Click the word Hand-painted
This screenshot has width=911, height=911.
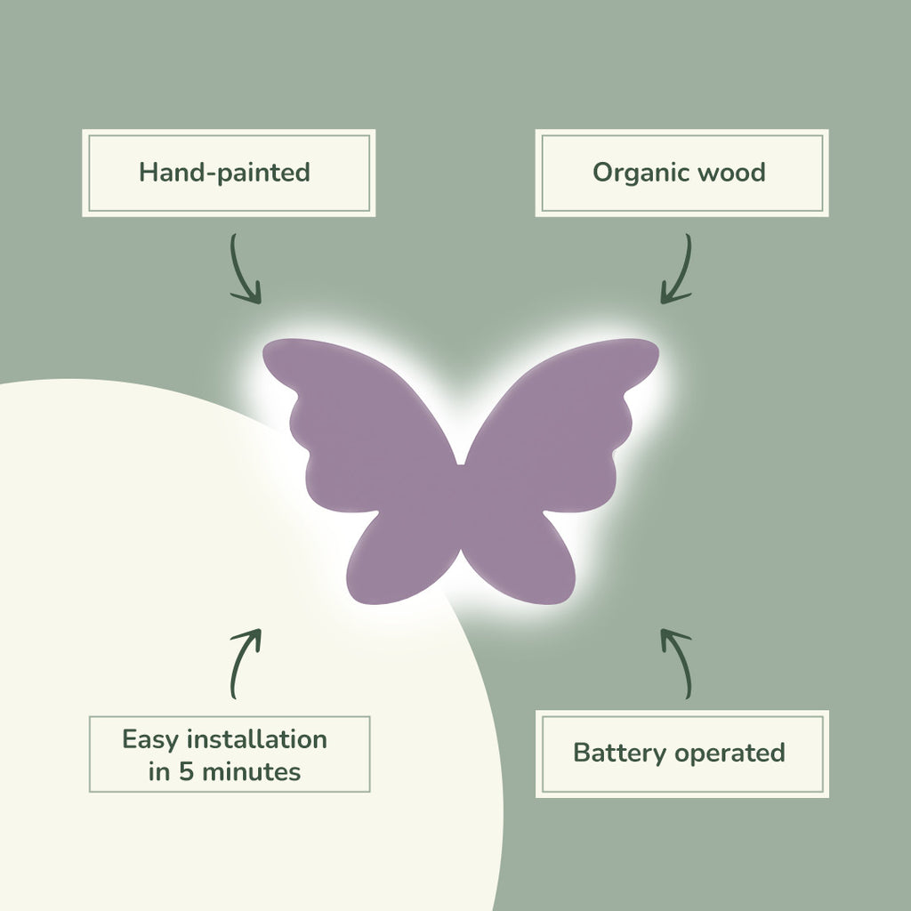click(x=224, y=172)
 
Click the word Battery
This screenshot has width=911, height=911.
click(x=619, y=753)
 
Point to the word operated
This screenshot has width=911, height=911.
click(x=730, y=753)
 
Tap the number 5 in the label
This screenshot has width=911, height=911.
click(x=186, y=771)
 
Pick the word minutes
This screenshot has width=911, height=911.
click(x=251, y=771)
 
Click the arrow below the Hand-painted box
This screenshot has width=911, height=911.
click(x=245, y=269)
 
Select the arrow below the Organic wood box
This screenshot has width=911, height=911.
click(x=677, y=269)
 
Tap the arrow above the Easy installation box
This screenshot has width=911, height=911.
click(x=245, y=663)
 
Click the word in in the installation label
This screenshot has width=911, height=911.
click(x=159, y=771)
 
